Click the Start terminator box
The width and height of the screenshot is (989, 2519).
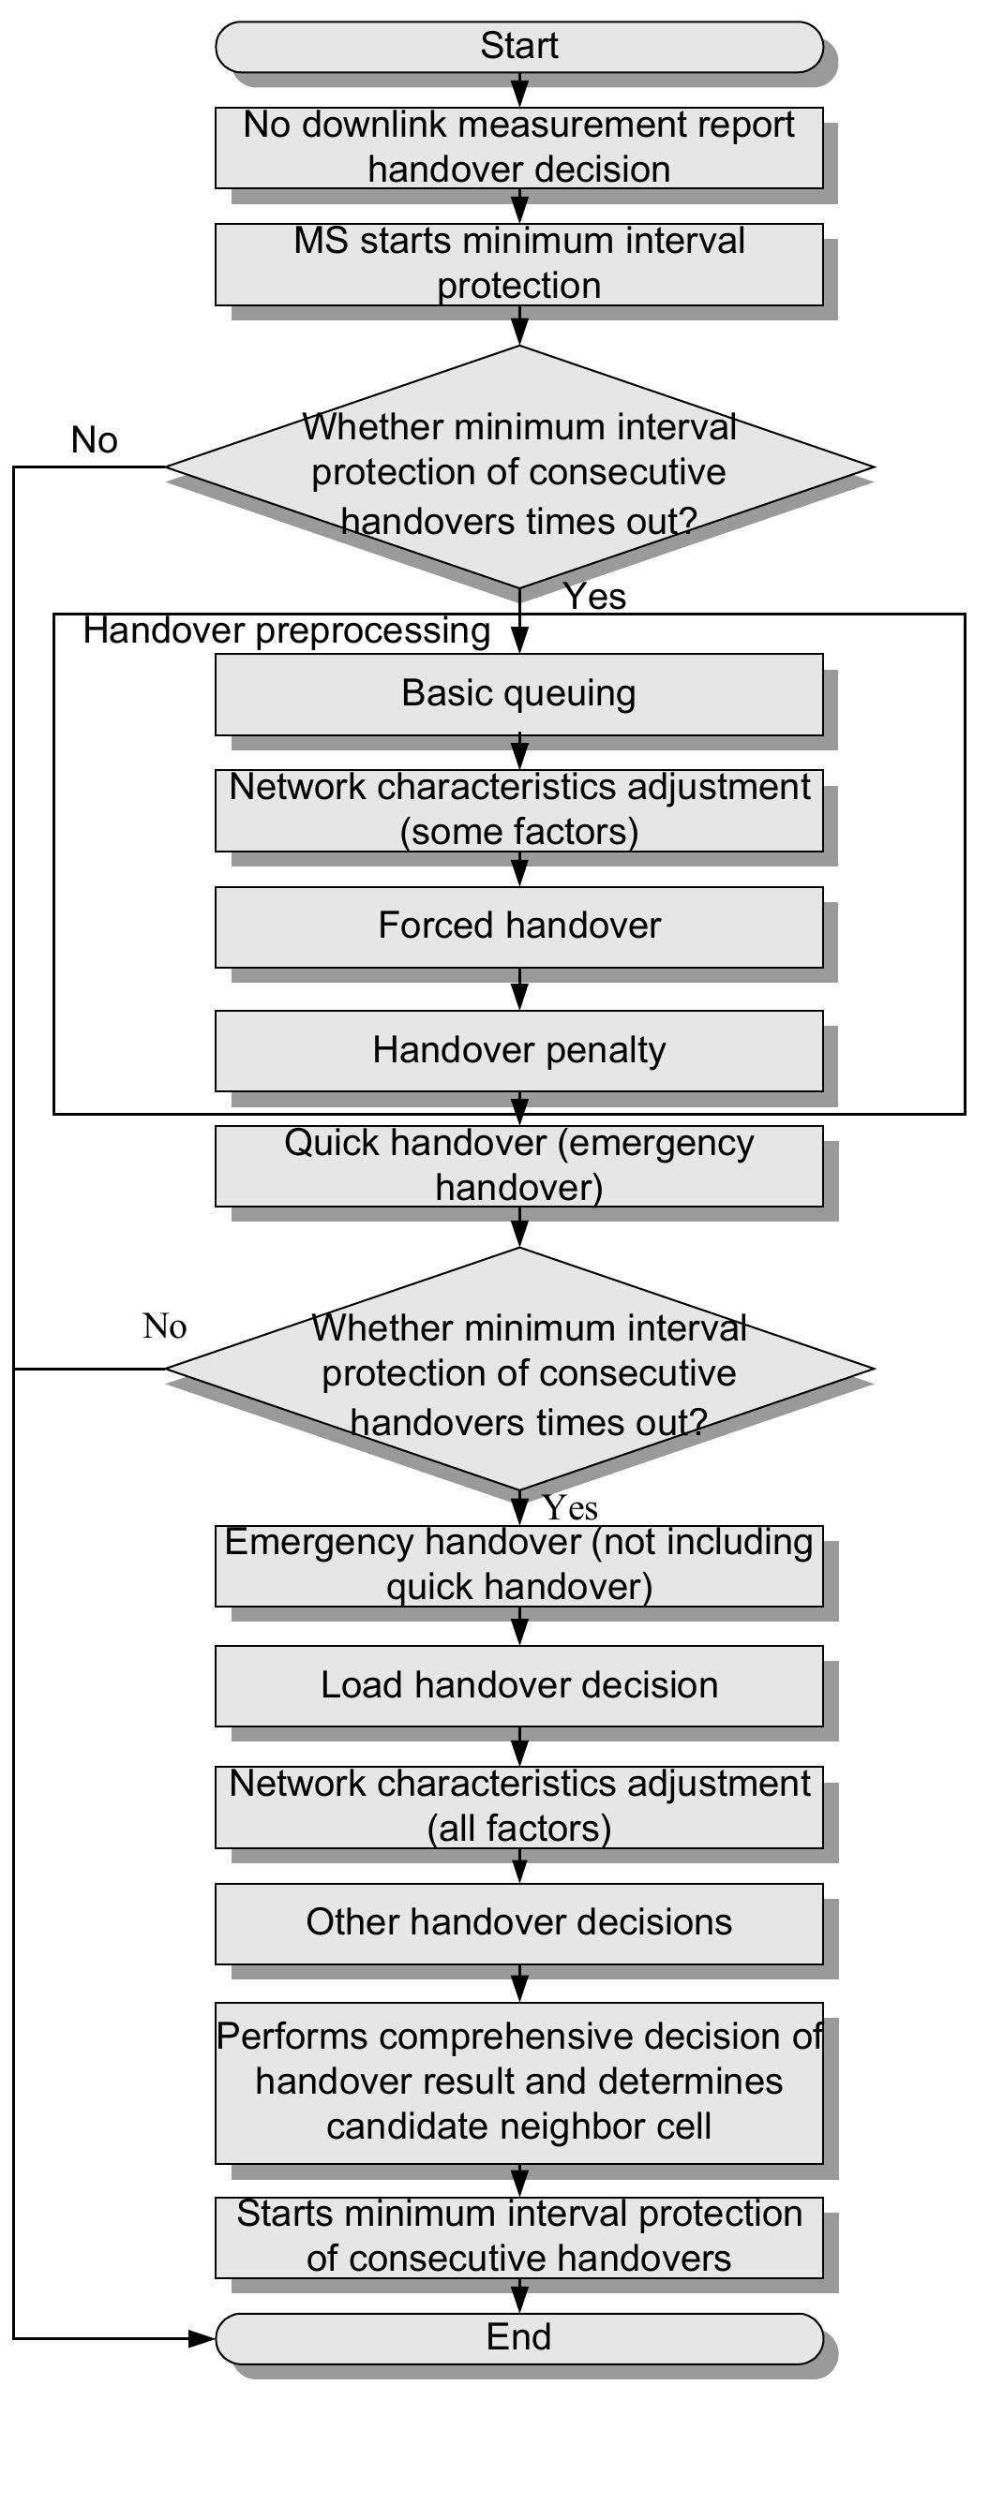click(518, 46)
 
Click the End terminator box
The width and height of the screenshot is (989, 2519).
click(518, 2337)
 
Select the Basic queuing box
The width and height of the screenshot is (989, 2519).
click(518, 693)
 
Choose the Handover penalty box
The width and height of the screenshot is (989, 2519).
click(518, 1050)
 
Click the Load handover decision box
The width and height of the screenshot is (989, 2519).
click(518, 1685)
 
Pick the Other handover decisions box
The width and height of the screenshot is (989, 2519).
click(518, 1922)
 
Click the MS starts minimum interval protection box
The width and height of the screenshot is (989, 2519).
click(518, 263)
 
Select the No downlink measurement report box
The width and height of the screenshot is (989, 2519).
click(518, 147)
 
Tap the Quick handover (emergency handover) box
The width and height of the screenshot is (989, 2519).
click(518, 1165)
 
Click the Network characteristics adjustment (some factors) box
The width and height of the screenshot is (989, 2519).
click(518, 809)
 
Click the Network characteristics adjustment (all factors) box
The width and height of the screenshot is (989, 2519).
click(518, 1806)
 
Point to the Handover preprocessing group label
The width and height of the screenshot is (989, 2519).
click(287, 630)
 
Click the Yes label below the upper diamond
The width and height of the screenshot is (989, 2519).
click(594, 597)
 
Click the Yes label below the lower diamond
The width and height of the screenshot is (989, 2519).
click(570, 1508)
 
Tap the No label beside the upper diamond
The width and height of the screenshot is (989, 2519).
click(94, 440)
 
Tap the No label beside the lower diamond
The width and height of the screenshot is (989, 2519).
click(164, 1327)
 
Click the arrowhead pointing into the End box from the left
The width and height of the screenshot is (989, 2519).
click(203, 2339)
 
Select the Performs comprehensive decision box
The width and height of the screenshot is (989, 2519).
click(518, 2082)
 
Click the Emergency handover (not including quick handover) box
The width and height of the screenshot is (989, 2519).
click(518, 1564)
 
